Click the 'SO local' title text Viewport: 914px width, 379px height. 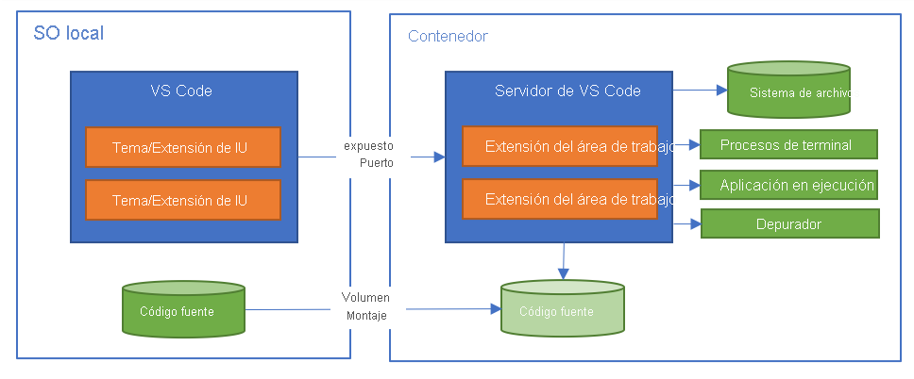(x=68, y=34)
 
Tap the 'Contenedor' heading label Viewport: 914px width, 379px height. (x=448, y=37)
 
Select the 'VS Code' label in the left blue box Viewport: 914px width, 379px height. (x=181, y=91)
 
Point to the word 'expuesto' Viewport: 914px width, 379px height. (x=368, y=146)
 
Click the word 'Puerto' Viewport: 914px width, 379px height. (x=376, y=162)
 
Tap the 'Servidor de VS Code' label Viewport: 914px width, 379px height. (x=567, y=91)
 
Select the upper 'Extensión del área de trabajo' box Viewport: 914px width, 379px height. (x=560, y=146)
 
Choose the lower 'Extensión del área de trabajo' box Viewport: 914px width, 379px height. (x=560, y=199)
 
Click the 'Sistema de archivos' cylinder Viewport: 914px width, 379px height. (x=788, y=91)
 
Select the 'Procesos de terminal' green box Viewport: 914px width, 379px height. (x=788, y=144)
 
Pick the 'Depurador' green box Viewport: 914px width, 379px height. (x=789, y=224)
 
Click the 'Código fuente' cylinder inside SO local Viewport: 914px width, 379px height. (x=184, y=310)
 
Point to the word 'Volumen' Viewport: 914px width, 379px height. (x=365, y=297)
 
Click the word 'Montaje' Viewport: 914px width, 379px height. (x=366, y=314)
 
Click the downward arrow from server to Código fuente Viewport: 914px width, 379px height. (x=564, y=260)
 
